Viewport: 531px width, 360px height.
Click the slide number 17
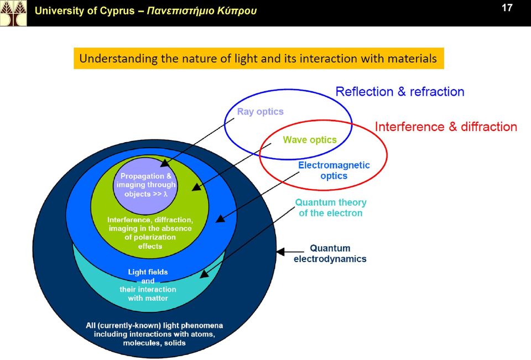[x=507, y=7]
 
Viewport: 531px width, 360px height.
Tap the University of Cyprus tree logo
[x=13, y=13]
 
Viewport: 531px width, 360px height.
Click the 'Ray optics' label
[x=260, y=111]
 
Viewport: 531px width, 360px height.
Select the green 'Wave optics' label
[x=310, y=139]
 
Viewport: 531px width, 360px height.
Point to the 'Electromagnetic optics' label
[x=334, y=170]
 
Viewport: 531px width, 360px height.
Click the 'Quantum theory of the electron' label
[x=331, y=207]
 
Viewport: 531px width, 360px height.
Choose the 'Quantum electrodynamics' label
[x=330, y=253]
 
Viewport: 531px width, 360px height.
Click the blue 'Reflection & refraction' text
[x=399, y=91]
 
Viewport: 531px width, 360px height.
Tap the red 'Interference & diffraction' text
[x=446, y=127]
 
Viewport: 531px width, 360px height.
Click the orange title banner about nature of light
[x=259, y=58]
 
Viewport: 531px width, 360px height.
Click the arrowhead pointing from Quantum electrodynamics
[x=281, y=252]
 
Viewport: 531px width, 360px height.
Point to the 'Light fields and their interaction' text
[x=148, y=285]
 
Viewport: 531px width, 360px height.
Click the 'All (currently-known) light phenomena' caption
[x=154, y=334]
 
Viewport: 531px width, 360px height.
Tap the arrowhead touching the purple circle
[x=165, y=163]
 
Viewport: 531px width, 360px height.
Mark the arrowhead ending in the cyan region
[x=205, y=274]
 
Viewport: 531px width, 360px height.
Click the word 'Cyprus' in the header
[x=118, y=11]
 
